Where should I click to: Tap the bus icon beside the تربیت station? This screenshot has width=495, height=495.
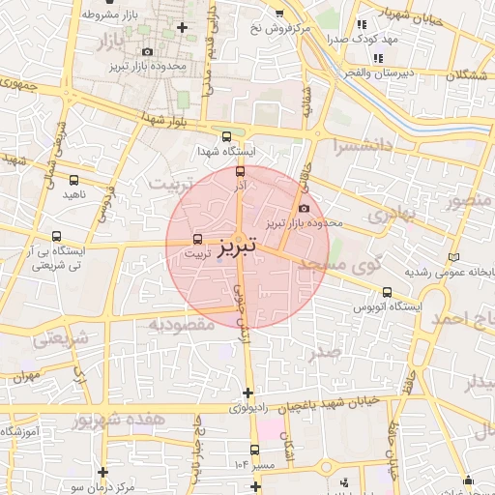click(198, 238)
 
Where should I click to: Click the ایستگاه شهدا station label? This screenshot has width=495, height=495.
click(225, 152)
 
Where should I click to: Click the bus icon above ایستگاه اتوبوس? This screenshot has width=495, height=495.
click(388, 292)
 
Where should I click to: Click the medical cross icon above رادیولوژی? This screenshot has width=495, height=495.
click(248, 393)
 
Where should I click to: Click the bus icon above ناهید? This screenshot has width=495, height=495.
click(75, 179)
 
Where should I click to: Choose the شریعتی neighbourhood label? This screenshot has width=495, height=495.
click(62, 339)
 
